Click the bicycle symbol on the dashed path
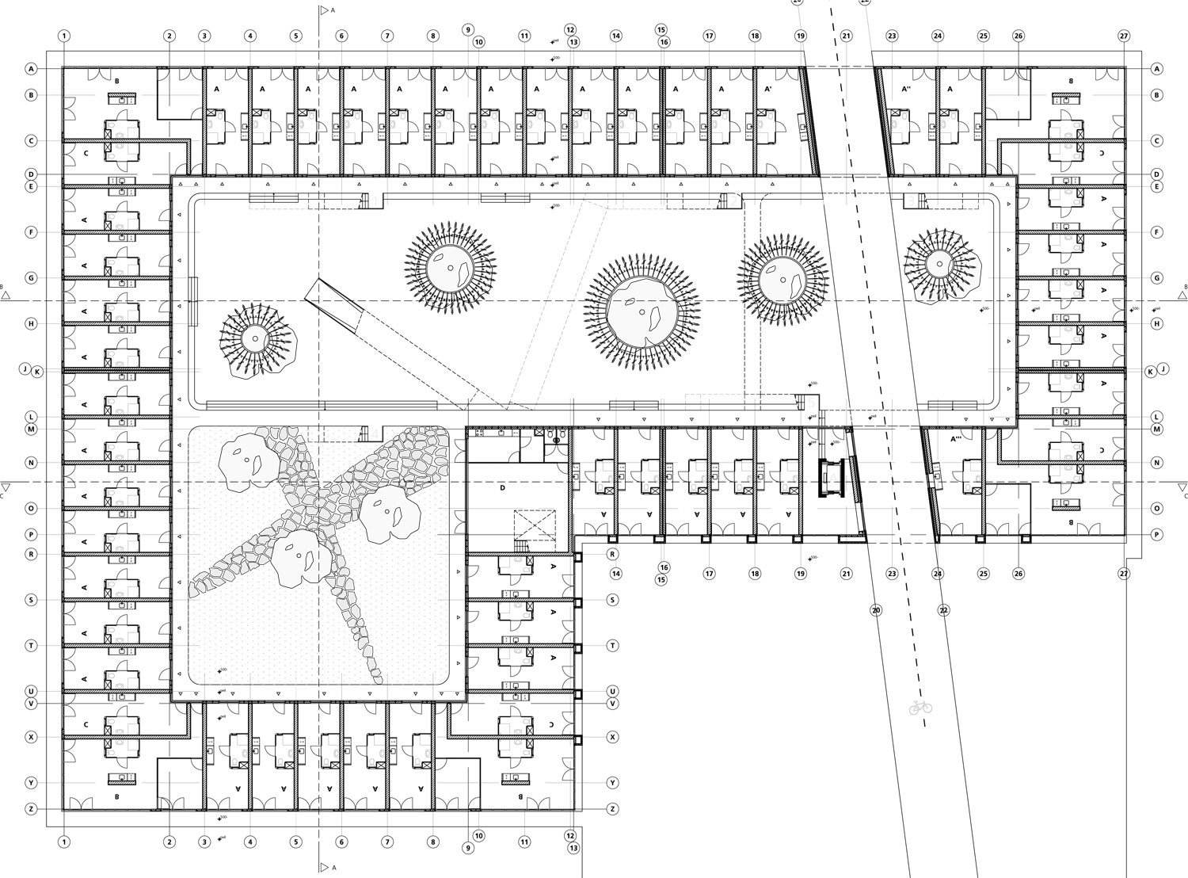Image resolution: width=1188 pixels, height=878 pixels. click(x=920, y=706)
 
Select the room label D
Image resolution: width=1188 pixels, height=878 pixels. click(x=502, y=488)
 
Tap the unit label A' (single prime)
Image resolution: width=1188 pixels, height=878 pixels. click(x=767, y=90)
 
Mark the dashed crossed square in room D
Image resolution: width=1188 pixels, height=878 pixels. click(x=535, y=525)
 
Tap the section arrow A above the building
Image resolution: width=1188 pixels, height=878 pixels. click(x=322, y=11)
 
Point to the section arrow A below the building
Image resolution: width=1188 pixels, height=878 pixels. click(x=322, y=867)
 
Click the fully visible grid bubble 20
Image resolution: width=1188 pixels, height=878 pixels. click(x=875, y=610)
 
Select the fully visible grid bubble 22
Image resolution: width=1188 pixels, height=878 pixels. click(x=943, y=610)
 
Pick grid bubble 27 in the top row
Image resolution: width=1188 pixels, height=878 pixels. click(x=1124, y=36)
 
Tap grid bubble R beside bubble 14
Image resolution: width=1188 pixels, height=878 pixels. click(x=613, y=555)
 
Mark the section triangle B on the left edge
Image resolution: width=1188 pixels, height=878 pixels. click(x=6, y=295)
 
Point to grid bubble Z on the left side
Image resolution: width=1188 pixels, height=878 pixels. click(x=32, y=809)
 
